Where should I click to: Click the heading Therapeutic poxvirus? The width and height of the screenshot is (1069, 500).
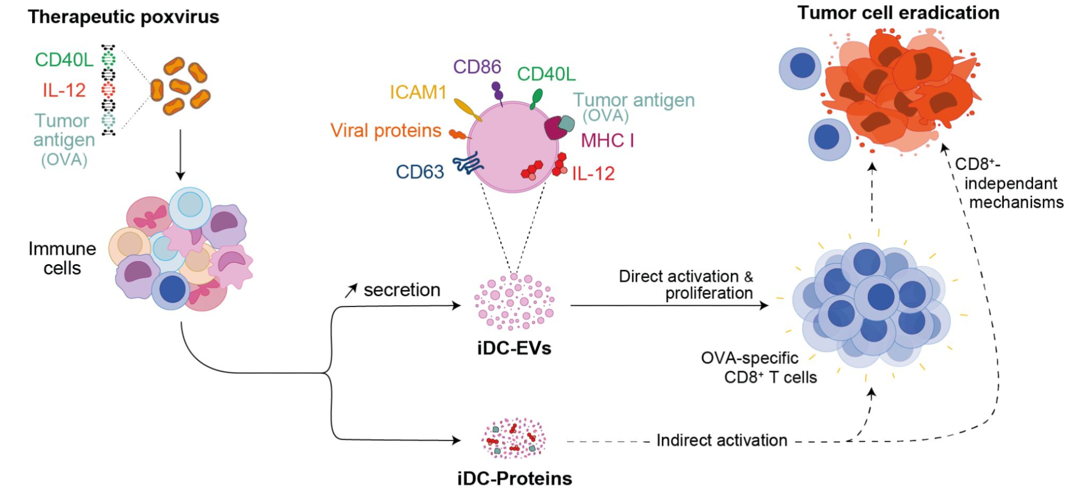pos(123,17)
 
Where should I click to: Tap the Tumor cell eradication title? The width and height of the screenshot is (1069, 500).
pos(898,13)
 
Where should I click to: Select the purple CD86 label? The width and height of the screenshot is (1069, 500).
pos(477,67)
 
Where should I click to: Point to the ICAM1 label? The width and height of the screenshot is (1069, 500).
pos(417,93)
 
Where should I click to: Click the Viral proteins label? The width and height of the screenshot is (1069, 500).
pos(385,130)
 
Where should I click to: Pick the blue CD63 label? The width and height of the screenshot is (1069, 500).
pos(420,172)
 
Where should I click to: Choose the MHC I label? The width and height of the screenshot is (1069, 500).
pos(607,141)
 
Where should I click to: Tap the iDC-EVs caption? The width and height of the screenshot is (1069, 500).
pos(514,349)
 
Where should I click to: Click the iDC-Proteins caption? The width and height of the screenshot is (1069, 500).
pos(514,478)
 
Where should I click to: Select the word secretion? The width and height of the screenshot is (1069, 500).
pos(402,290)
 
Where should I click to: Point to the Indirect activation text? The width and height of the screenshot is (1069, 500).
pos(722,440)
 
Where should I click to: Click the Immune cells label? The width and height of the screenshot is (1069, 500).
pos(62,258)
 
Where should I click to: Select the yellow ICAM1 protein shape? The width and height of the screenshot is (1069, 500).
pos(467,109)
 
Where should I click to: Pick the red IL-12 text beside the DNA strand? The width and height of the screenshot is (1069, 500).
pos(64,90)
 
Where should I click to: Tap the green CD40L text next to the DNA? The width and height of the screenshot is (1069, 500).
pos(64,60)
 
